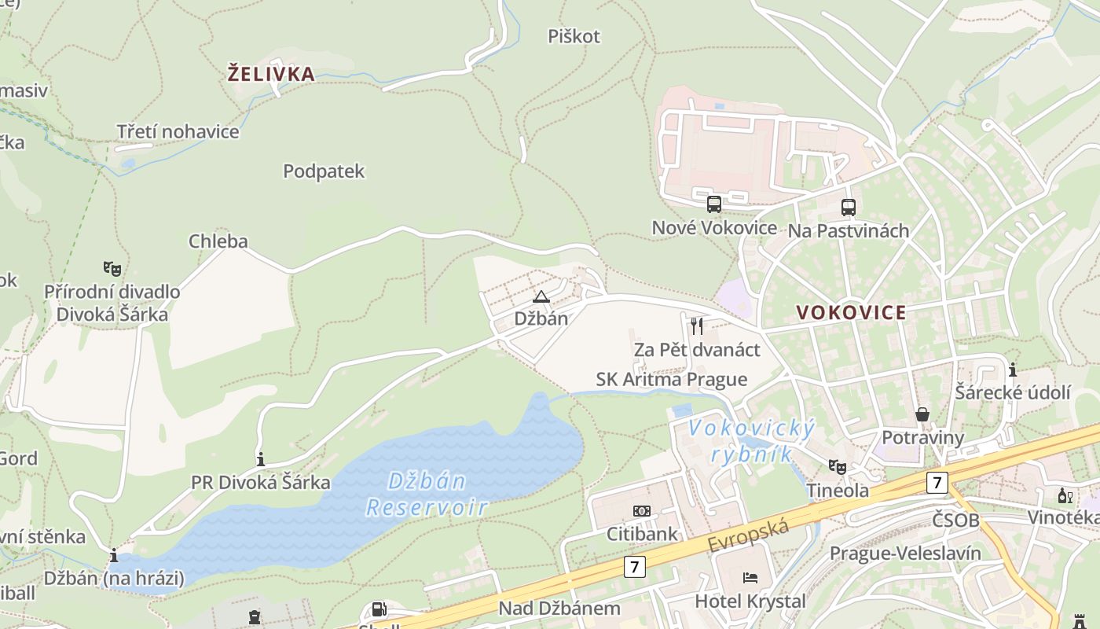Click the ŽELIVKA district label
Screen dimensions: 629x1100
(271, 75)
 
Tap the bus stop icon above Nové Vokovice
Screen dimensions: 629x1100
(713, 204)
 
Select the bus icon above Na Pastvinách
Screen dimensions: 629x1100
(849, 208)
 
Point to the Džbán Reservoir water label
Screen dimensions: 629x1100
(427, 494)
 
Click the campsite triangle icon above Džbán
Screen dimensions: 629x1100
(541, 296)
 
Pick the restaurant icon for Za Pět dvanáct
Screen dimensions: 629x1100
(697, 326)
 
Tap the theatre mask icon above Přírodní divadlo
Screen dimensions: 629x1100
(112, 269)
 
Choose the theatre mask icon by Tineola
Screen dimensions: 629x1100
(838, 467)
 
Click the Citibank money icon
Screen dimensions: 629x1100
(642, 511)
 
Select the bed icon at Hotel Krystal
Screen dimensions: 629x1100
(750, 578)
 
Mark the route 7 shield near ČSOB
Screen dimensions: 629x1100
(937, 482)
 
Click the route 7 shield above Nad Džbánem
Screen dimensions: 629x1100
(635, 566)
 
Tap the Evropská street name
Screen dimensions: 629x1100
(748, 536)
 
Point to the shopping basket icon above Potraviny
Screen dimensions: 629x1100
(922, 414)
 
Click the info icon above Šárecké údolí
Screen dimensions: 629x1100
(1013, 370)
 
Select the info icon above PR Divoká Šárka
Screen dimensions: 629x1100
(261, 458)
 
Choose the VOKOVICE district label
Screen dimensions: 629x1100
(851, 312)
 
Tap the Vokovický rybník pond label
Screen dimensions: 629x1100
(751, 442)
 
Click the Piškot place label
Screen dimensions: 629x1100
(574, 36)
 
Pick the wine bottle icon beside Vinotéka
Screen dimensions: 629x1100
(1065, 495)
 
